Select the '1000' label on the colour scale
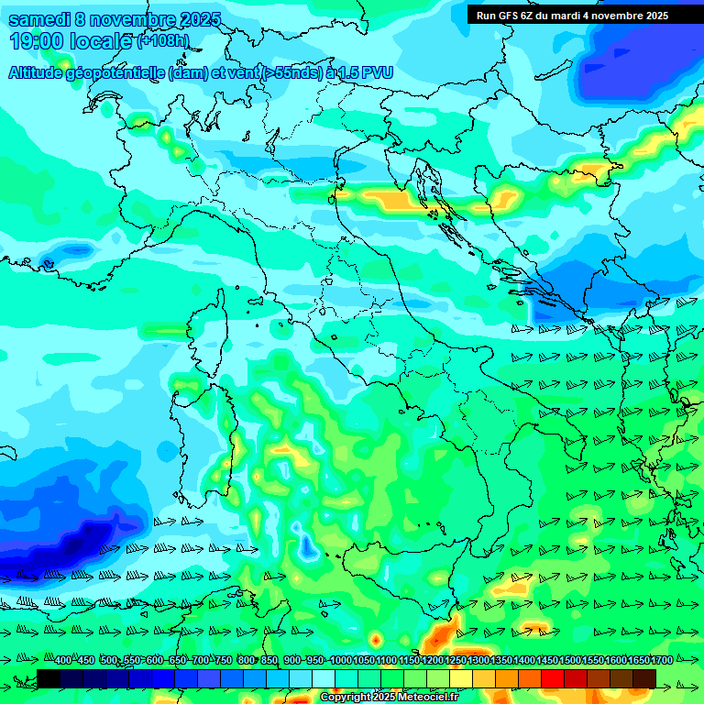(x=341, y=660)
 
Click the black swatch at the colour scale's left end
(x=49, y=678)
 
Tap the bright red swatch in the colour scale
(x=553, y=678)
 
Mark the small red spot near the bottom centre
(x=375, y=638)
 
